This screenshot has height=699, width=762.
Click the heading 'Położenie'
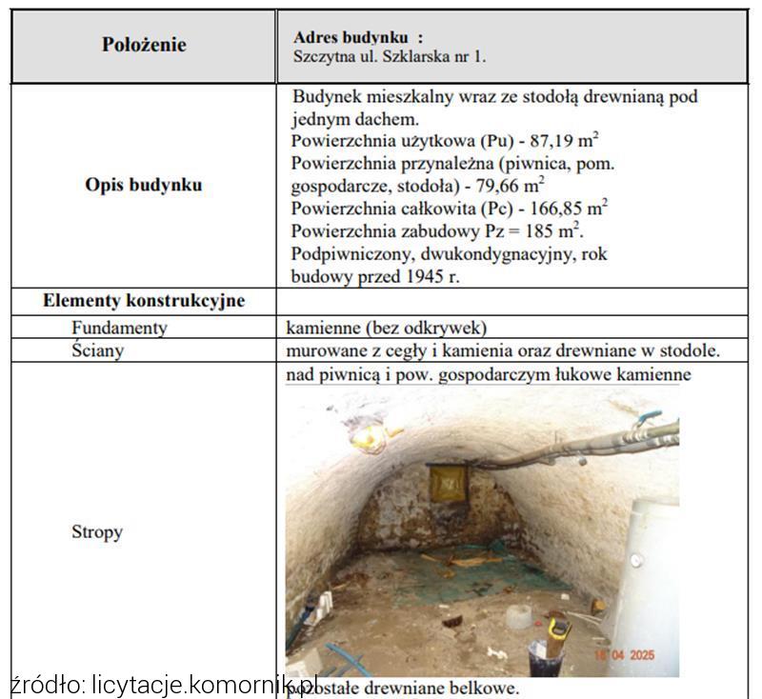(x=143, y=45)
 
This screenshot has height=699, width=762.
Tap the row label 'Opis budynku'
(x=143, y=185)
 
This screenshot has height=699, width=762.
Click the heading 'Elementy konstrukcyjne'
(x=143, y=301)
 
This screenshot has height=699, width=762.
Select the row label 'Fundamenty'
(x=119, y=328)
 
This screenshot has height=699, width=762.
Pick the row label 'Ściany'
(x=97, y=350)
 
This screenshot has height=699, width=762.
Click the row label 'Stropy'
(x=97, y=531)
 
